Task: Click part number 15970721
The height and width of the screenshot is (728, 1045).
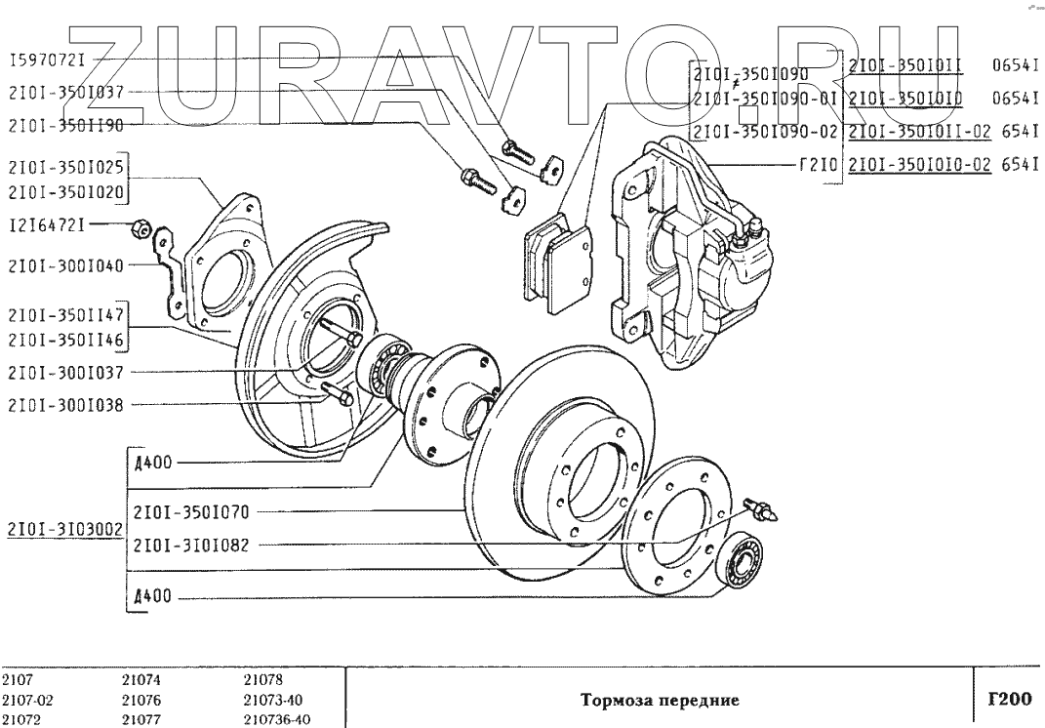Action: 47,60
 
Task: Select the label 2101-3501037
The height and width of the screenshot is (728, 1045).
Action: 65,93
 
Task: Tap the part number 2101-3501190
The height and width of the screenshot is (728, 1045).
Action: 65,125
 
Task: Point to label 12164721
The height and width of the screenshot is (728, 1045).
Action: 47,225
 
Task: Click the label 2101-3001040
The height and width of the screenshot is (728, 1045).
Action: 65,264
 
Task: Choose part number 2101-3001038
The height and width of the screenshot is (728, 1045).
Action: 65,404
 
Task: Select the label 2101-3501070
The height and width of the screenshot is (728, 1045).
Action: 191,510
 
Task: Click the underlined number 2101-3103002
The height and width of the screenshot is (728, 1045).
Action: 63,530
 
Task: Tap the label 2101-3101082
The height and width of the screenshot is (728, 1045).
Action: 191,546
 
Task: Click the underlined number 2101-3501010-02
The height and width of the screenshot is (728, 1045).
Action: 919,165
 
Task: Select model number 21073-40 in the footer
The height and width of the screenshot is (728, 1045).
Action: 275,700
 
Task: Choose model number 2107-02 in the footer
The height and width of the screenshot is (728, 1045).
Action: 21,700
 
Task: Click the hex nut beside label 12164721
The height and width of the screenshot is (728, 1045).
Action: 139,228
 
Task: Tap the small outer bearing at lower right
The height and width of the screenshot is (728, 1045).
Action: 745,563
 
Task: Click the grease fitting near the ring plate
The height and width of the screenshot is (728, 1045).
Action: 761,508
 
